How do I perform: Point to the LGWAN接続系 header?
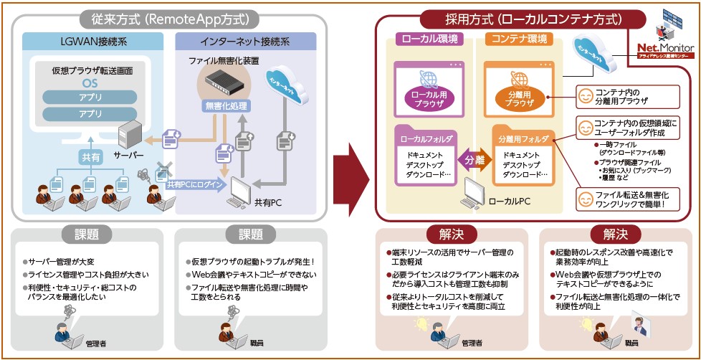click(x=94, y=40)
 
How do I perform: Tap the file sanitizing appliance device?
click(x=228, y=80)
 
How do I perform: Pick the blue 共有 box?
click(x=91, y=156)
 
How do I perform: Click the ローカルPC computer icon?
click(x=474, y=189)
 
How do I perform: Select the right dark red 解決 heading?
click(x=616, y=235)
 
